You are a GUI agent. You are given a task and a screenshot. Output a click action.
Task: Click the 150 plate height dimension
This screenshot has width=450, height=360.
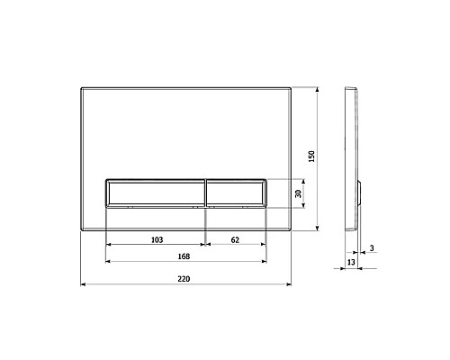(x=312, y=156)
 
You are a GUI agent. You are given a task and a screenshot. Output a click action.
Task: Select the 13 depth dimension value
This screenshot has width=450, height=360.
(x=352, y=262)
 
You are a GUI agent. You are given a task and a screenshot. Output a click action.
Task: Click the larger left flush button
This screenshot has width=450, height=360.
(x=157, y=192)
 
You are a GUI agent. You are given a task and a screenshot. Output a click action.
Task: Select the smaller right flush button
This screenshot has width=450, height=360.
(x=237, y=192)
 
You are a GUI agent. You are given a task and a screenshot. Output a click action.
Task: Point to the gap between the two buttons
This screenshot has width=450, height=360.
(x=206, y=192)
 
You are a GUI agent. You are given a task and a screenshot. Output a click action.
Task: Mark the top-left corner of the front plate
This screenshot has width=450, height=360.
(x=83, y=88)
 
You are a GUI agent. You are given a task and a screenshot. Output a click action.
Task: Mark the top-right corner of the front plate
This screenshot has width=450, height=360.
(x=292, y=88)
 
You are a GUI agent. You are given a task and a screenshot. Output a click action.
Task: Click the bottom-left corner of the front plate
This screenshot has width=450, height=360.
(x=83, y=229)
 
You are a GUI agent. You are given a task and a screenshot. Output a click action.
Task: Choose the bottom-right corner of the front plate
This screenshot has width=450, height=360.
(x=292, y=229)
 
